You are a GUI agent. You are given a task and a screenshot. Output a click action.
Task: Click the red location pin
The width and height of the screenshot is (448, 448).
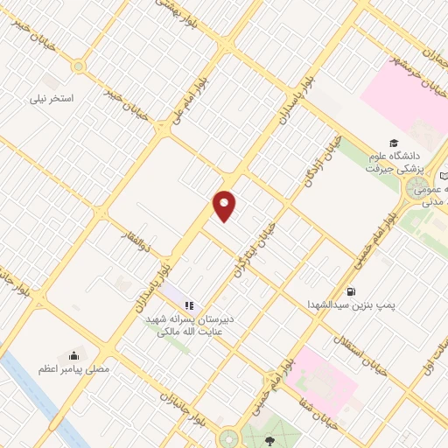point(225,206)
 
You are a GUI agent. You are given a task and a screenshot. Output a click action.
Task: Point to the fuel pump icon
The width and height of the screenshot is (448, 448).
point(351,291)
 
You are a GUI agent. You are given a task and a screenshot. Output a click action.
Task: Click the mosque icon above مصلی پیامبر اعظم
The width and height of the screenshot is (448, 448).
point(73,356)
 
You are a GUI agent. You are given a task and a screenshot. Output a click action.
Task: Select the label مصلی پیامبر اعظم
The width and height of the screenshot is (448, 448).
point(73,370)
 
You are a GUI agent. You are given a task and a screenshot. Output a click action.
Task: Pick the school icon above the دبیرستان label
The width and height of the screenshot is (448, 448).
point(188,306)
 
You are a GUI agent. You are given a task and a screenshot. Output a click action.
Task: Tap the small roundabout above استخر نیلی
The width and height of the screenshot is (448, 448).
point(80,66)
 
